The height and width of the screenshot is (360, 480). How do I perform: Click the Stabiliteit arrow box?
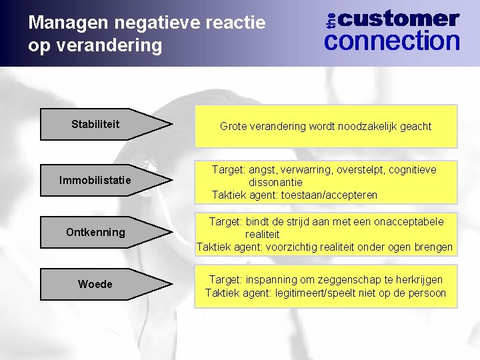[100, 125]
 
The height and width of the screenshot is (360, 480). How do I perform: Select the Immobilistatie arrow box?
[100, 180]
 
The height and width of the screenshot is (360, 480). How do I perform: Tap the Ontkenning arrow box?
[100, 232]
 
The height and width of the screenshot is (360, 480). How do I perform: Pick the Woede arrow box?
[100, 285]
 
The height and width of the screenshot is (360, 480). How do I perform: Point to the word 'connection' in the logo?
[392, 41]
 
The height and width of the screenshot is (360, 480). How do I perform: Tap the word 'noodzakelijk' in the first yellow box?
[361, 126]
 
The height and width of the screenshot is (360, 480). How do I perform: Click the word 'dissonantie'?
[275, 182]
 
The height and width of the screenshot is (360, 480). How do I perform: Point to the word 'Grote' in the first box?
[234, 126]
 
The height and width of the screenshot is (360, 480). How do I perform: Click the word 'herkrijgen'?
[417, 279]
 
